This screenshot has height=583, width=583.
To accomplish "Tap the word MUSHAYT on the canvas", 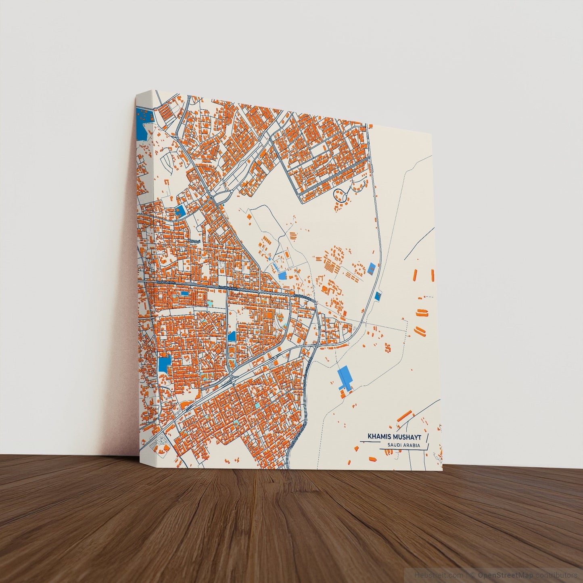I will click(406, 437).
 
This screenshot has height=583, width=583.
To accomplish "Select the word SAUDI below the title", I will click(394, 445).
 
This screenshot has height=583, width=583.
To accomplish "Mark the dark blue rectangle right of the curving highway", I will click(378, 296).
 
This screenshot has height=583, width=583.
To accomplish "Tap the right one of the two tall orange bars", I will click(433, 275).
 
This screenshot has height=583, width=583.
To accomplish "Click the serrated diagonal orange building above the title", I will click(405, 416).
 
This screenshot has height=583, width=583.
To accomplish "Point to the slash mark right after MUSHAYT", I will click(427, 437).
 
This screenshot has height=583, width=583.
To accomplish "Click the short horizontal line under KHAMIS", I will click(370, 442).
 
